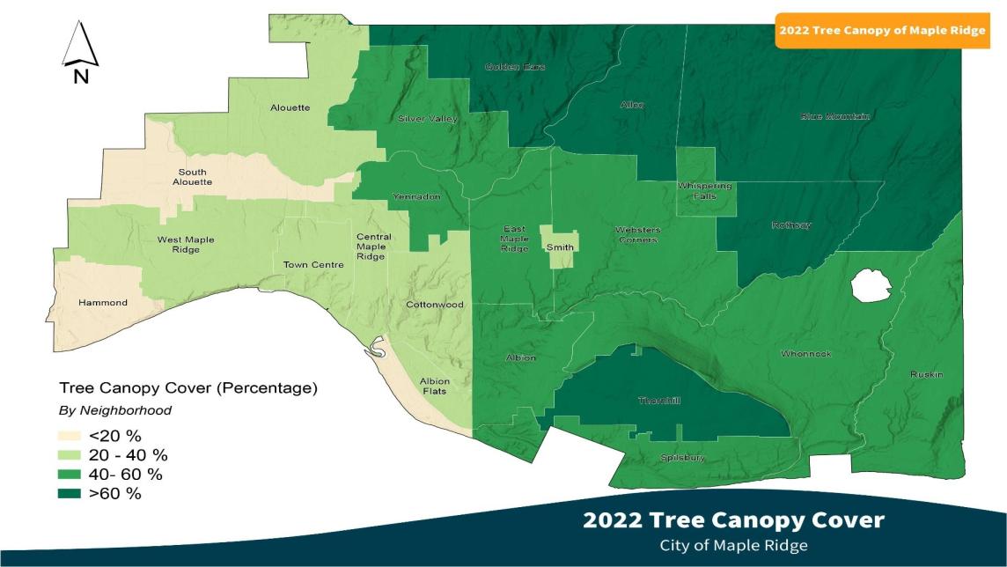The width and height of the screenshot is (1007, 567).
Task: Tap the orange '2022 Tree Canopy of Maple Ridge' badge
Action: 888,31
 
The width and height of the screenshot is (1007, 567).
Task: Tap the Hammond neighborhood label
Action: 103,303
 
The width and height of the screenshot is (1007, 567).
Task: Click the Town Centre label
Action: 313,264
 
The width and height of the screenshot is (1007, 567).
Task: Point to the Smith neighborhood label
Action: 560,248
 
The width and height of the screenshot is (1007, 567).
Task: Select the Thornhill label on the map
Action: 659,401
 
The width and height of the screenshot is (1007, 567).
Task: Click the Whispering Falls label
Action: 704,191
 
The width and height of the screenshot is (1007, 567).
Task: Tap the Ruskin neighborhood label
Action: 926,375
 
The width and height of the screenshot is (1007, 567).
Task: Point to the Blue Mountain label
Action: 835,116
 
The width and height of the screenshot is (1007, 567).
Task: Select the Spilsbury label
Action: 683,458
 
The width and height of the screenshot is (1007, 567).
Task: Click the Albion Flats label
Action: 434,387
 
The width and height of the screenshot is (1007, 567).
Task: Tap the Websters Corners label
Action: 638,235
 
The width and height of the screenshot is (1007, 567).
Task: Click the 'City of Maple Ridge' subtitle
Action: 733,545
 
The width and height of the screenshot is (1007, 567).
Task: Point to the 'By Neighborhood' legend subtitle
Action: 114,410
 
